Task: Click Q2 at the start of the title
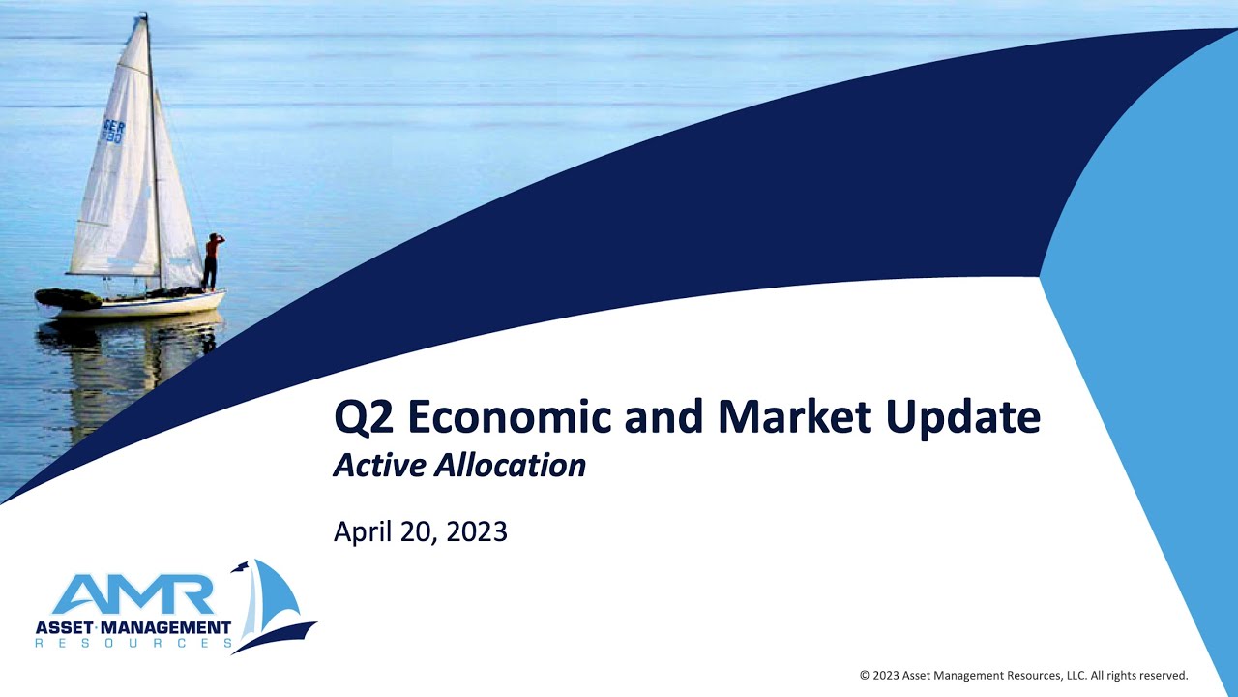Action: (364, 418)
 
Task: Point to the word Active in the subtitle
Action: (378, 466)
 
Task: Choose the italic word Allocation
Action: (510, 466)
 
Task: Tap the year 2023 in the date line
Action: (476, 531)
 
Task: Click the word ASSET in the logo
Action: (62, 627)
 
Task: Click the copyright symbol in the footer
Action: (864, 676)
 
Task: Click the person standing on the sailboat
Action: (211, 261)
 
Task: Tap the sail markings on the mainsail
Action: (114, 132)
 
